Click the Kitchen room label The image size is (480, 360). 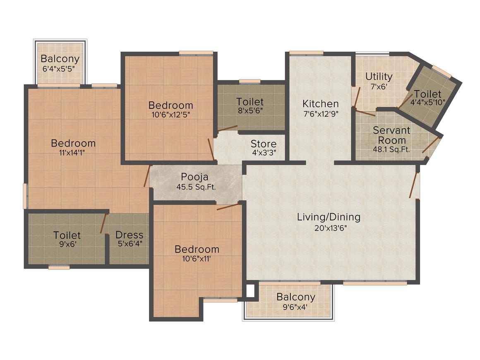320,103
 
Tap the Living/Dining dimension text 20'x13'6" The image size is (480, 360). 329,228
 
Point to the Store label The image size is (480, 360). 264,144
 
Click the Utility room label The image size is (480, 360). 379,77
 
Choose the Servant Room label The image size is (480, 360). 391,135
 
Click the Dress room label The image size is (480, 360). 129,235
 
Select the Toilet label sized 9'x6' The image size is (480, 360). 67,235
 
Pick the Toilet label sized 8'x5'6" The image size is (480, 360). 250,101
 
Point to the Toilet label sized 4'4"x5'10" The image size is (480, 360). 427,94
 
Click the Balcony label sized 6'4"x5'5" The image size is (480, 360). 60,58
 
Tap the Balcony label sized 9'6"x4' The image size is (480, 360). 296,297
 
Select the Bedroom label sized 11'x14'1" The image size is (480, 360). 73,143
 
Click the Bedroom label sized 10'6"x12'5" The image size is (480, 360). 171,105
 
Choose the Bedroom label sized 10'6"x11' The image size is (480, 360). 197,249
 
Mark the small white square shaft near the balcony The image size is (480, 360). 250,291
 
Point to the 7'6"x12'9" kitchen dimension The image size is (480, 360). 320,114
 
